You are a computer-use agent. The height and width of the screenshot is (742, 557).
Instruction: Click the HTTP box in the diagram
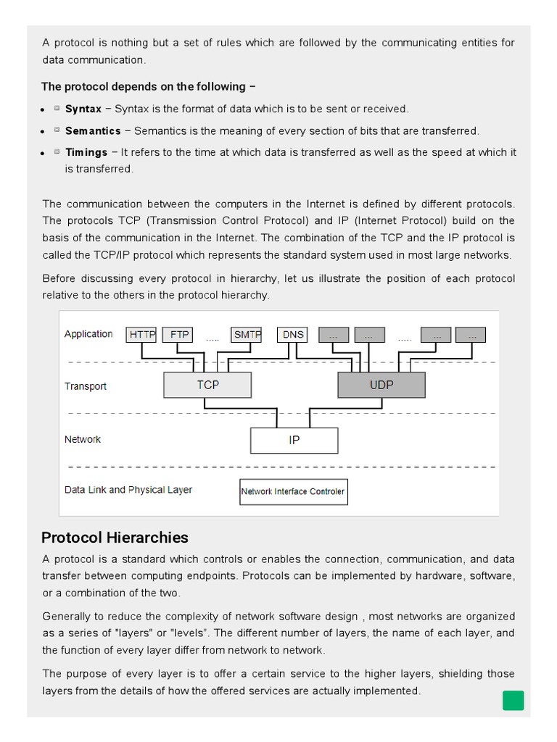pyautogui.click(x=141, y=335)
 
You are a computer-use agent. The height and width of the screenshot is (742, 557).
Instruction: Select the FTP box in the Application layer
pyautogui.click(x=179, y=335)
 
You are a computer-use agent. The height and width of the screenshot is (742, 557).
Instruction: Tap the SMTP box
pyautogui.click(x=247, y=335)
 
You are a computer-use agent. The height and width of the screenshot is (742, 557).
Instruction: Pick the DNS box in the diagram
pyautogui.click(x=293, y=335)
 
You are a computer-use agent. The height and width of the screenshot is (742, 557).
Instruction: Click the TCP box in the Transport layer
pyautogui.click(x=207, y=385)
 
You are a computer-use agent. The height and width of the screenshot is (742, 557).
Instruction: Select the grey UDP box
pyautogui.click(x=381, y=385)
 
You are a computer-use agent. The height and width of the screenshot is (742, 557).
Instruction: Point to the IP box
pyautogui.click(x=294, y=440)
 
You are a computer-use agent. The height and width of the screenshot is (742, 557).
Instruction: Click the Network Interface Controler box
pyautogui.click(x=293, y=491)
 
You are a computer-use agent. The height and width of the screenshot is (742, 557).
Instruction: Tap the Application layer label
pyautogui.click(x=88, y=334)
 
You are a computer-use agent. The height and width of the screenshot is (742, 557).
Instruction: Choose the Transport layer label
pyautogui.click(x=86, y=386)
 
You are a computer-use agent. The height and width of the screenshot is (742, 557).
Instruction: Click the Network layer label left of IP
pyautogui.click(x=83, y=439)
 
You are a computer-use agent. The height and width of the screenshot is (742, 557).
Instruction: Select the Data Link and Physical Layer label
pyautogui.click(x=128, y=490)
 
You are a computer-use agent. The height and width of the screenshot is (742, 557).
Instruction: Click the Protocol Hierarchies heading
pyautogui.click(x=115, y=538)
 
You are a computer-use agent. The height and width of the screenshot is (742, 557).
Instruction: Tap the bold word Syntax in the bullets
pyautogui.click(x=83, y=109)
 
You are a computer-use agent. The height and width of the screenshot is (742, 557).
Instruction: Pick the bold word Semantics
pyautogui.click(x=93, y=131)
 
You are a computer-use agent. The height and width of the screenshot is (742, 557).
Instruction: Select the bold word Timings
pyautogui.click(x=86, y=152)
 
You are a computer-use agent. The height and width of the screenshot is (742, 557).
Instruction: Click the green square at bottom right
pyautogui.click(x=513, y=701)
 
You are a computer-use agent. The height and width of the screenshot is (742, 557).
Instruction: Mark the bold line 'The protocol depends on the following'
pyautogui.click(x=148, y=86)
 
